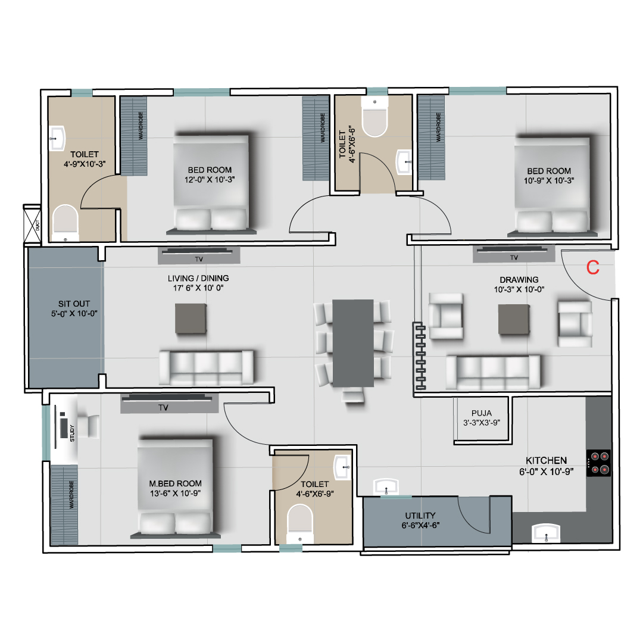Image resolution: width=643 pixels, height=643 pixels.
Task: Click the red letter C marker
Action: coord(593,267)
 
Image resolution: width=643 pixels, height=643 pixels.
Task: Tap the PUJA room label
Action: coord(482,413)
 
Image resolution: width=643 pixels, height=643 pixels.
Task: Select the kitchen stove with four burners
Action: coord(599,463)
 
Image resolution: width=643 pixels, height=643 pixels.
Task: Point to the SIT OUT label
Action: coord(74,304)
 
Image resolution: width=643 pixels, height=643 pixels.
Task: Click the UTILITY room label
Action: coord(420,516)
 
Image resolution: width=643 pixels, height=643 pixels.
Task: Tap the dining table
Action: coord(352,343)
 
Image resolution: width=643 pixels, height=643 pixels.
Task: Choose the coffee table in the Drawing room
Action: coord(514,319)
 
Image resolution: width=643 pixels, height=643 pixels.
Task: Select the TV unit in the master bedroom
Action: coord(169,402)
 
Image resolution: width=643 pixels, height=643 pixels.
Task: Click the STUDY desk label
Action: coord(72,433)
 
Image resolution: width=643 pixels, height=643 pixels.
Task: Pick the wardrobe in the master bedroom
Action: coord(64,505)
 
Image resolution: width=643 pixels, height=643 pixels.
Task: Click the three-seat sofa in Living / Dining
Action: coord(206,367)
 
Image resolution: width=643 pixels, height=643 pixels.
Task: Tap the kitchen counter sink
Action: coord(546,533)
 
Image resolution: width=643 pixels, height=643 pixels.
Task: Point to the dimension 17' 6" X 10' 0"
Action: coord(198,288)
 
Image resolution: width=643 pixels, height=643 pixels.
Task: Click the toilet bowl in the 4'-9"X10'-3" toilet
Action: coord(65,223)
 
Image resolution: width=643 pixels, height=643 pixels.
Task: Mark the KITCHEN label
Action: coord(546,460)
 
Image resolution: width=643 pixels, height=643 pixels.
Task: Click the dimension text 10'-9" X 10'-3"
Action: coord(549,180)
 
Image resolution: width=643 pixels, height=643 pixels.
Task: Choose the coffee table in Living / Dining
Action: coord(191,319)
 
